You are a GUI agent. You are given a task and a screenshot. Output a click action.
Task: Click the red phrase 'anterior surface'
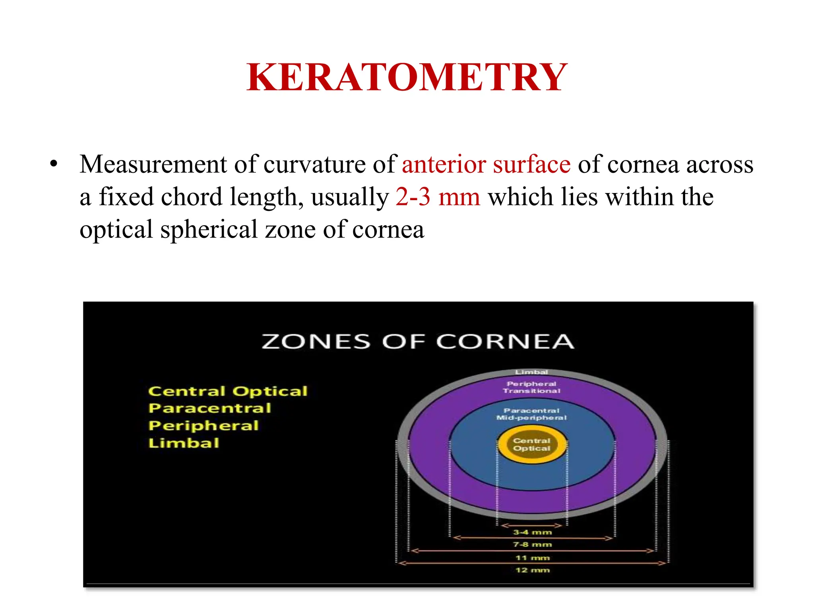(486, 164)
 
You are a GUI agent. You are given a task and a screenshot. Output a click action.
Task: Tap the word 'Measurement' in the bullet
(153, 164)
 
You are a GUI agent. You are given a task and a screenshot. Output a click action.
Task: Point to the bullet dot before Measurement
(54, 164)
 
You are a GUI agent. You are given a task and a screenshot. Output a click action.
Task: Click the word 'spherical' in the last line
(209, 230)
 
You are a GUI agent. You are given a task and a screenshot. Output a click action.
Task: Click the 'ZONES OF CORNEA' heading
(418, 342)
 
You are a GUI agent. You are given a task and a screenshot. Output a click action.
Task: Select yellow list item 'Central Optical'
(228, 391)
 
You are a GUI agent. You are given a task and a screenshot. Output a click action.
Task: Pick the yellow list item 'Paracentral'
(209, 408)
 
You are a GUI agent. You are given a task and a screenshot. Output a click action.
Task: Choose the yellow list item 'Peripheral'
(203, 426)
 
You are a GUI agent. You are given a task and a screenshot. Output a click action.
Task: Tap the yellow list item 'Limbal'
(184, 443)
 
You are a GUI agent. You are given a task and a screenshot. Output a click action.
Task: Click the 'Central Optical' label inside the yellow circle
(532, 444)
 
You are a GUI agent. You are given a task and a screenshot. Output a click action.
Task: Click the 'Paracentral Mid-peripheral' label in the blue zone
(532, 414)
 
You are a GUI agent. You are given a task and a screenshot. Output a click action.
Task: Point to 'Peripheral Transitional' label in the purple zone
(532, 387)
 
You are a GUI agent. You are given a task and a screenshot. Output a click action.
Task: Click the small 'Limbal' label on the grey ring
(532, 372)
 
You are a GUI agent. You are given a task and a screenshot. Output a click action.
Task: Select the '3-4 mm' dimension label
(533, 532)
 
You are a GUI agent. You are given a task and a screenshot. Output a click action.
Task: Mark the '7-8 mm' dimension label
(533, 544)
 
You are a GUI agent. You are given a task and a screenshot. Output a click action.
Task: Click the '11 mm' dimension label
(533, 558)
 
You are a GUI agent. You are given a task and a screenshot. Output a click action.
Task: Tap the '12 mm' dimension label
(533, 570)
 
